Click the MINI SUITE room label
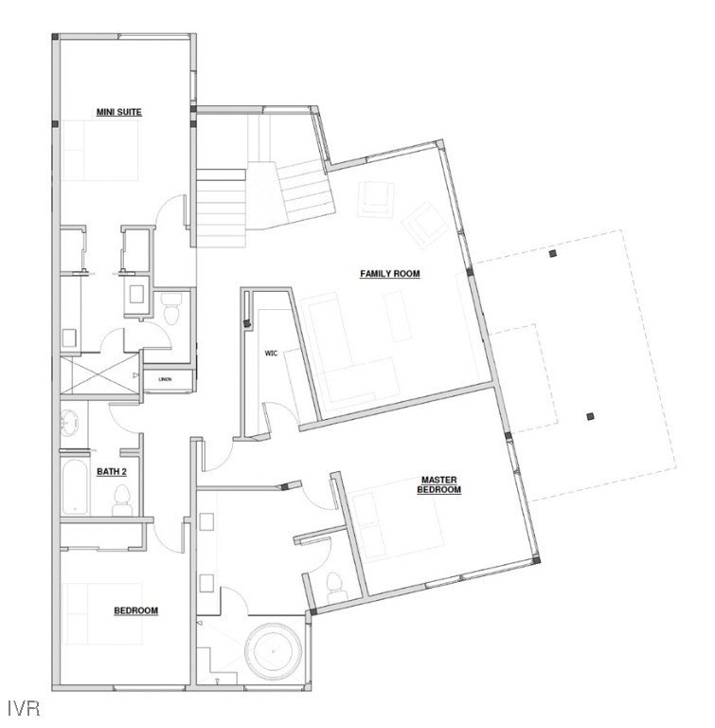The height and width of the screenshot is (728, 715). (118, 112)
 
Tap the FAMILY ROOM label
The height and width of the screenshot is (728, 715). (390, 273)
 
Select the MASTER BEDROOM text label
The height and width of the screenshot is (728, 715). (438, 484)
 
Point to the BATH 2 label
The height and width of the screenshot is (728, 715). (112, 472)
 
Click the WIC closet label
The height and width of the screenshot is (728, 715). (271, 354)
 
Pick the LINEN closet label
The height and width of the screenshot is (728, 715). (165, 379)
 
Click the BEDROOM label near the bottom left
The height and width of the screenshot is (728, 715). (136, 610)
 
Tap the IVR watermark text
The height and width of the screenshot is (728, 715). (24, 708)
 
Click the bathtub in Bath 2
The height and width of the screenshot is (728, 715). (74, 486)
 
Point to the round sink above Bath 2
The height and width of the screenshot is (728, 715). (70, 423)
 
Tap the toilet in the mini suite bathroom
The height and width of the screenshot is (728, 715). (171, 308)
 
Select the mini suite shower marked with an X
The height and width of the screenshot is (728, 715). (99, 374)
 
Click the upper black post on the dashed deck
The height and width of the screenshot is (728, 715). (552, 253)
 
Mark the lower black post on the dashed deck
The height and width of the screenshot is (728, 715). (590, 416)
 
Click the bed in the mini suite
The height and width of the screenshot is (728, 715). (100, 151)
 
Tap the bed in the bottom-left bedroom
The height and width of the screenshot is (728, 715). (102, 614)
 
